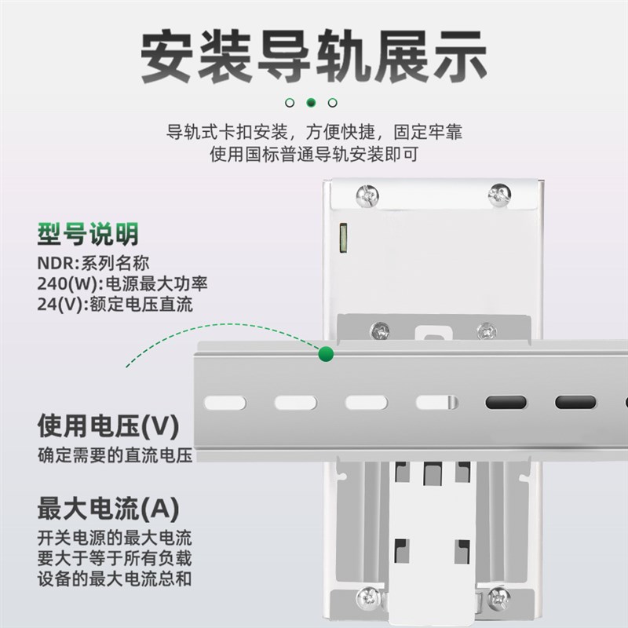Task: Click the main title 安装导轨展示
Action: pos(314,57)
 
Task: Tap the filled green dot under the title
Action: pos(311,102)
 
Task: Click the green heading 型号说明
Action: pos(88,234)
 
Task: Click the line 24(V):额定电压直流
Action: pos(115,305)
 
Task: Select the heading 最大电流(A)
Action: pos(108,509)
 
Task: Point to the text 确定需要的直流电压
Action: pos(115,455)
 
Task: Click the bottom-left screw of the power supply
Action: pos(367,597)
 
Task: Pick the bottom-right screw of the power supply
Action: pos(498,598)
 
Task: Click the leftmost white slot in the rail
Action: pos(225,403)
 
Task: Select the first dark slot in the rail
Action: pos(506,403)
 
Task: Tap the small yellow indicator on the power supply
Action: pos(342,237)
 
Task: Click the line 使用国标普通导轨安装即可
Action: pos(314,155)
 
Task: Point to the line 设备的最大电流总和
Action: pos(115,580)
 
